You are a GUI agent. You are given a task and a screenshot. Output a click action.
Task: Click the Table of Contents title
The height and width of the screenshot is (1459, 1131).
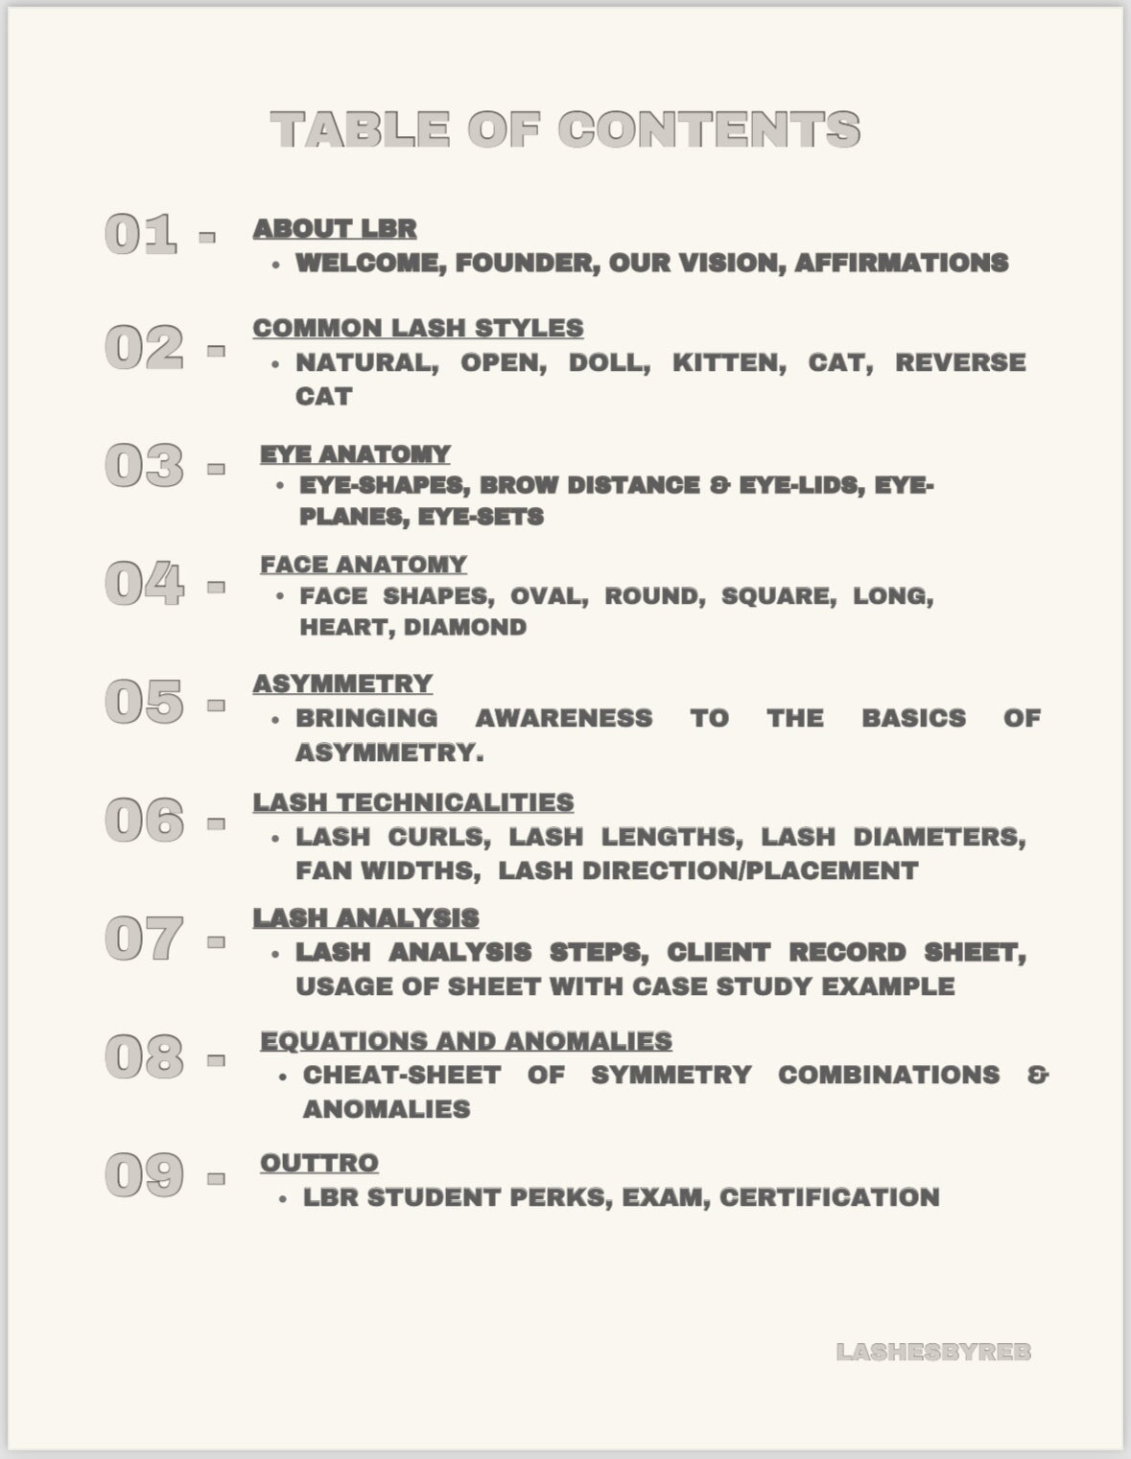pos(565,129)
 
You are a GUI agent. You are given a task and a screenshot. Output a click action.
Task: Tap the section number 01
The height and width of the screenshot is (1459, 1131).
pos(140,234)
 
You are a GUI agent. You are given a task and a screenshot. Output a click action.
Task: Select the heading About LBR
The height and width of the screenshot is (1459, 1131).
pos(335,229)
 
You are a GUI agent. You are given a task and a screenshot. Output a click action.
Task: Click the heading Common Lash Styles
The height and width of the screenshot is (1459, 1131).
pos(417,328)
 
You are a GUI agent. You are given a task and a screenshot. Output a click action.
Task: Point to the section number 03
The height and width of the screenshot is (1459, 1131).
pos(144,466)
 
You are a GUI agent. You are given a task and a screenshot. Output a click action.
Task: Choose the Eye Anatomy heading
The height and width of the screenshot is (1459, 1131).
pos(355,454)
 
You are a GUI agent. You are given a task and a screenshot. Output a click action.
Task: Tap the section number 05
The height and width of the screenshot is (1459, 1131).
pos(144,702)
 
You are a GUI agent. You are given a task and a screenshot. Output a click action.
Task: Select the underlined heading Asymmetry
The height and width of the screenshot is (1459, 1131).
pos(342,683)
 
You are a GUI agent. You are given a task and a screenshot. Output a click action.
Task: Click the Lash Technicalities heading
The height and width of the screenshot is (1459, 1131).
pos(413,802)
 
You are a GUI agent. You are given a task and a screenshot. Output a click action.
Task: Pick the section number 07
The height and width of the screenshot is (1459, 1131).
pos(144,938)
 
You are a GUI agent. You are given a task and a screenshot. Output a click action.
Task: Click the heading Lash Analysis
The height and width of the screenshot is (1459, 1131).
pos(365,918)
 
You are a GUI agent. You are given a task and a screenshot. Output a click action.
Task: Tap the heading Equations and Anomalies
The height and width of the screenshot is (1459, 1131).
pos(466,1041)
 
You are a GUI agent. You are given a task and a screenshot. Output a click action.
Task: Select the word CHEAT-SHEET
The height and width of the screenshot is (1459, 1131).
pos(402,1075)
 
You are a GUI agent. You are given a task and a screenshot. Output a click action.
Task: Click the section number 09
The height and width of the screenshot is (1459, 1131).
pos(144,1175)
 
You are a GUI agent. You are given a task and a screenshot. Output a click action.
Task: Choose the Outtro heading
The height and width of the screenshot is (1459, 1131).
pos(319,1163)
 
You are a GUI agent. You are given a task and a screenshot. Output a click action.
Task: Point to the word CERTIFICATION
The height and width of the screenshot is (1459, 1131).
pos(829,1197)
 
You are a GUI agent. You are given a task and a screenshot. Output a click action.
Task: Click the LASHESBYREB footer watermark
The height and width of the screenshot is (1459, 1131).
pos(933,1352)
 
